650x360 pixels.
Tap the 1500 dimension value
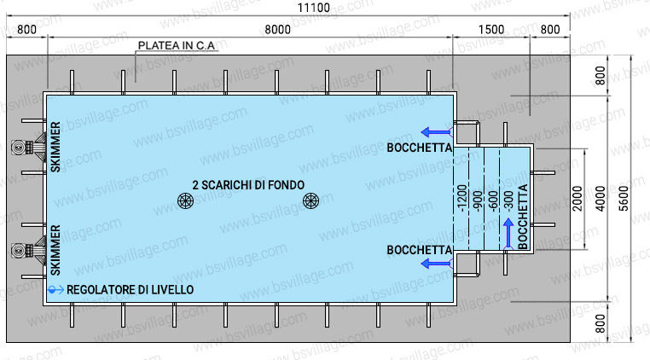491,29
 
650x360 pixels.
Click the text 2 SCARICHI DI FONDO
247,184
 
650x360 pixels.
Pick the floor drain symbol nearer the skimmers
185,200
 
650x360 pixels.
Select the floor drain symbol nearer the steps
310,200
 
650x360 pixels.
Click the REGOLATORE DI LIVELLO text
130,290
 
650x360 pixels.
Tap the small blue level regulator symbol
54,290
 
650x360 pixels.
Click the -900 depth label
479,200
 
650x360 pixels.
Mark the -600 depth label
494,200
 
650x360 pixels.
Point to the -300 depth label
509,200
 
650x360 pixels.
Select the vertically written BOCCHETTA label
524,218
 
